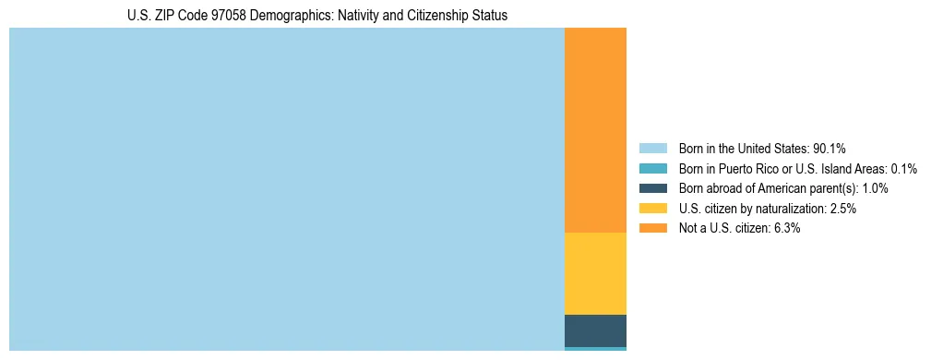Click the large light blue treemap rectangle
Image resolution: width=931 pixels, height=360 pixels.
click(286, 189)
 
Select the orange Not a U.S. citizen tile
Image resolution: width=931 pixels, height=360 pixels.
click(595, 130)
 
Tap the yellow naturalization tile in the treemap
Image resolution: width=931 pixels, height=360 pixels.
click(595, 273)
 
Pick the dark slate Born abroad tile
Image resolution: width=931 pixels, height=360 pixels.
click(595, 330)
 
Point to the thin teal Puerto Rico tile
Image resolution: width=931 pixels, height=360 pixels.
click(595, 349)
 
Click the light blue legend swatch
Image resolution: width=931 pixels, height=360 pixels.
click(652, 149)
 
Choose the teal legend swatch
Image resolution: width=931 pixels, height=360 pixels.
click(652, 169)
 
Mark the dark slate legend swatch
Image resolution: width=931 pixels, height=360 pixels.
click(652, 188)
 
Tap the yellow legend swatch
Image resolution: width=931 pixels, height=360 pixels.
click(652, 209)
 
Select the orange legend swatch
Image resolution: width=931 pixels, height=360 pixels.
click(652, 228)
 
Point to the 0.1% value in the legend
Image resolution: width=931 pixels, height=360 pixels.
click(903, 169)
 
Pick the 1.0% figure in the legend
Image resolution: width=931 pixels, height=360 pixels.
click(875, 188)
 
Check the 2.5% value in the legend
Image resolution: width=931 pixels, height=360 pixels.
click(843, 209)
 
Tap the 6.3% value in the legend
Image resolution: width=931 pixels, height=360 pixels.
click(787, 228)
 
